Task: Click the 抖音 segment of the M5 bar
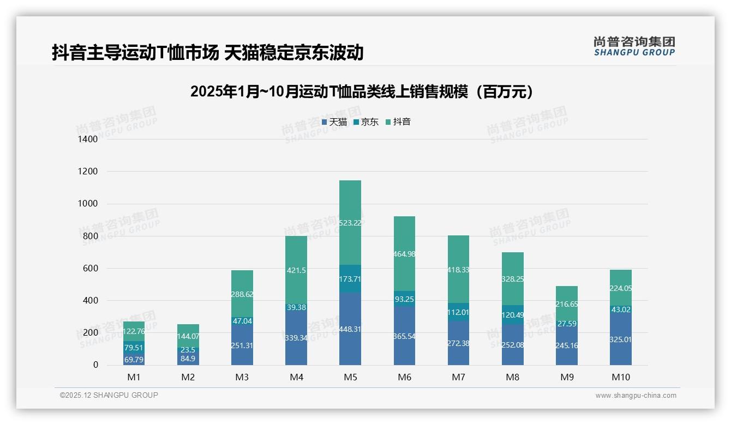click(x=350, y=222)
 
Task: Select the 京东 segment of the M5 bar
click(x=350, y=278)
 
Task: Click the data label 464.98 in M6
click(x=404, y=254)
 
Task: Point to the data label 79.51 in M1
click(x=134, y=348)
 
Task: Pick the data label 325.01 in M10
click(x=621, y=339)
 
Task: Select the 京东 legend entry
click(x=366, y=122)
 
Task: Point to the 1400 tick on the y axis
click(x=88, y=139)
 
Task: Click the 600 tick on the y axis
click(x=90, y=269)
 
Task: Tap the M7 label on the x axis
click(x=459, y=377)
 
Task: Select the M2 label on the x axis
click(x=188, y=377)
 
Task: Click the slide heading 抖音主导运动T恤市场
click(x=207, y=53)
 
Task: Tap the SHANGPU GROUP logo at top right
click(x=634, y=46)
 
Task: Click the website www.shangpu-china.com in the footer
click(x=636, y=396)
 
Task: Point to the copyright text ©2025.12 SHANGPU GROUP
click(x=109, y=396)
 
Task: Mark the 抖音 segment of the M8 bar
click(x=513, y=278)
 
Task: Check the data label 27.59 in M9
click(x=567, y=324)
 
